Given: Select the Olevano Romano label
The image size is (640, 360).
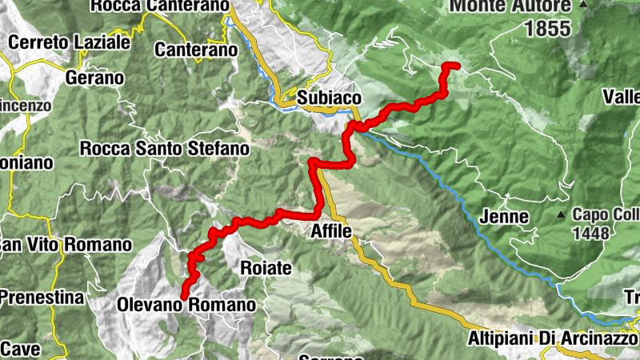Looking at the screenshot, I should pyautogui.click(x=186, y=305).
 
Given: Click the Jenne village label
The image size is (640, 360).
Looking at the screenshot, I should pyautogui.click(x=505, y=217).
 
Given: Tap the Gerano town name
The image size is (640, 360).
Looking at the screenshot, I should pyautogui.click(x=95, y=78).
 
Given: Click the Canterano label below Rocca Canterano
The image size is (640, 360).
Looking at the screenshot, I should pyautogui.click(x=197, y=50).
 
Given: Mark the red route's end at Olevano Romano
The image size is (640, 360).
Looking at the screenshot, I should pyautogui.click(x=184, y=297).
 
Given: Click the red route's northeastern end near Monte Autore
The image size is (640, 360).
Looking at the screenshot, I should pyautogui.click(x=456, y=65).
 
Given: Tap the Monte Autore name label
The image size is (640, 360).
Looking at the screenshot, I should pyautogui.click(x=510, y=6).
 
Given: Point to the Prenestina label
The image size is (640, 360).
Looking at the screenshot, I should pyautogui.click(x=42, y=298).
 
